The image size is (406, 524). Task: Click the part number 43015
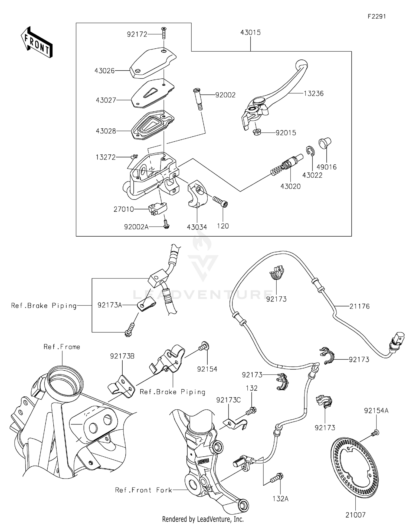pos(250,32)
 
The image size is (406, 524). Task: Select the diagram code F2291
pos(376,16)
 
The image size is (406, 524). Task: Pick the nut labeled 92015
pos(256,132)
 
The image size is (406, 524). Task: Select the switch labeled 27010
pos(157,208)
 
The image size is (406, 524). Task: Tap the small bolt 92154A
pos(376,433)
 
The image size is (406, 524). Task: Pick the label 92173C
pos(228,400)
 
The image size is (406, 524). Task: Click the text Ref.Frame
pos(62,347)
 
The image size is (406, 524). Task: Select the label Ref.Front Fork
pos(143,490)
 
